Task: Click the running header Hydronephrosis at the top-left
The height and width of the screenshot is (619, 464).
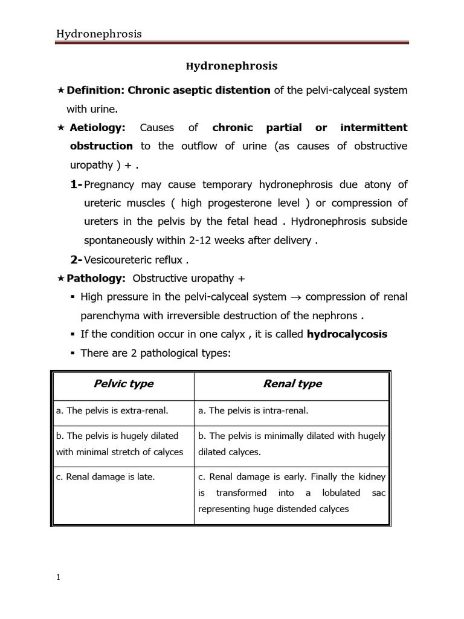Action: pos(99,34)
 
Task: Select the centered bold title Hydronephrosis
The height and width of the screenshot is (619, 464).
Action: pos(231,66)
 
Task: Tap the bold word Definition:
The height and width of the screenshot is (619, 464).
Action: pos(95,90)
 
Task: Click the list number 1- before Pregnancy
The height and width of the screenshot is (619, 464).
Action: pos(77,184)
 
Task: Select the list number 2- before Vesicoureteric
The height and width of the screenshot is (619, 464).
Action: pos(77,259)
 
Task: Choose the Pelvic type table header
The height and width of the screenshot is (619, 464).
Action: pos(123,384)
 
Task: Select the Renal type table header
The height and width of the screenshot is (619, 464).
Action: pos(292,384)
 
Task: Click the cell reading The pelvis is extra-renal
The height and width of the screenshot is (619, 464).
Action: pos(112,411)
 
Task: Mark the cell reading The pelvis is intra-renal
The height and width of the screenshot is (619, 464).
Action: pos(253,411)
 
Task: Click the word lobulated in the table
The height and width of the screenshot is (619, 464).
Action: pos(341,493)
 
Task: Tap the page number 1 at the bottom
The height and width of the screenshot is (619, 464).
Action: pos(59,577)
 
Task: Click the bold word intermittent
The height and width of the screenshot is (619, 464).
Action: pos(374,128)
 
